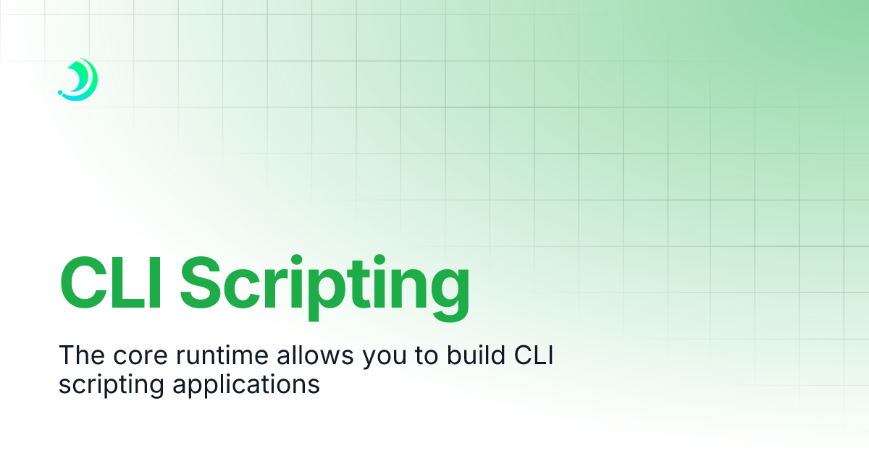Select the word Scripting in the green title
[324, 288]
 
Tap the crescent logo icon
[78, 80]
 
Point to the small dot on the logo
[60, 93]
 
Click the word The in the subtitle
[82, 355]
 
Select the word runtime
[222, 355]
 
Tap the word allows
[315, 355]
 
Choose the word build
[476, 355]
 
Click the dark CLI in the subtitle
[534, 355]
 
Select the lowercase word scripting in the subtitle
[112, 387]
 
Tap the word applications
[246, 387]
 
